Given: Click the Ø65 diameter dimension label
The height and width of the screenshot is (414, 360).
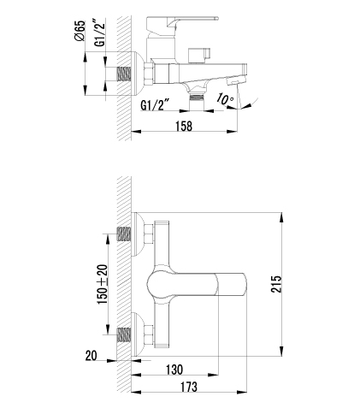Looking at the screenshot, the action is click(x=80, y=31).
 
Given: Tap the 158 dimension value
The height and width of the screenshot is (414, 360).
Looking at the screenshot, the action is click(x=184, y=126).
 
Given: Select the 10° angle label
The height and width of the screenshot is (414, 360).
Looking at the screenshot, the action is click(x=225, y=99).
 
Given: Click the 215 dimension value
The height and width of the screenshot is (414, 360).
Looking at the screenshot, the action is click(x=276, y=284).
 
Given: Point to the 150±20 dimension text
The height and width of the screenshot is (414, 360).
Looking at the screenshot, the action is click(x=103, y=284).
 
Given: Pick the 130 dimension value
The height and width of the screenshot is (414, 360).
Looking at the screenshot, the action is click(x=174, y=370).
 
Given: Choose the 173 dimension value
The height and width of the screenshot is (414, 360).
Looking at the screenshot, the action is click(x=189, y=387).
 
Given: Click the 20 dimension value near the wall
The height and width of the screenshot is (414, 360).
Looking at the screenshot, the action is click(x=91, y=356).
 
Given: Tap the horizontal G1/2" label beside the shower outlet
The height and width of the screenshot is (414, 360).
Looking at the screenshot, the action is click(x=155, y=105).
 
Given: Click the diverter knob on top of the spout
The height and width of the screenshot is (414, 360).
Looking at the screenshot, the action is click(x=199, y=55).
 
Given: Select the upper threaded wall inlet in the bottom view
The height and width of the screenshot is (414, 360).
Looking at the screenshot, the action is click(x=124, y=234).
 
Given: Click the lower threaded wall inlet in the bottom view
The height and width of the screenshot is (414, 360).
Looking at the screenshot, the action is click(x=124, y=334).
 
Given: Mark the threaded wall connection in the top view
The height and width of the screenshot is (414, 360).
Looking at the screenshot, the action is click(x=124, y=74).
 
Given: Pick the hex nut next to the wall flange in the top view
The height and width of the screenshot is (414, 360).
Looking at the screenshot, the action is click(x=150, y=74).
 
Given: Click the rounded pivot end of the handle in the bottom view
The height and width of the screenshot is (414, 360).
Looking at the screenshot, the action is click(x=155, y=284).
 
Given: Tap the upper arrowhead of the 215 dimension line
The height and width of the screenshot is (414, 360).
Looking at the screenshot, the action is click(x=282, y=218).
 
